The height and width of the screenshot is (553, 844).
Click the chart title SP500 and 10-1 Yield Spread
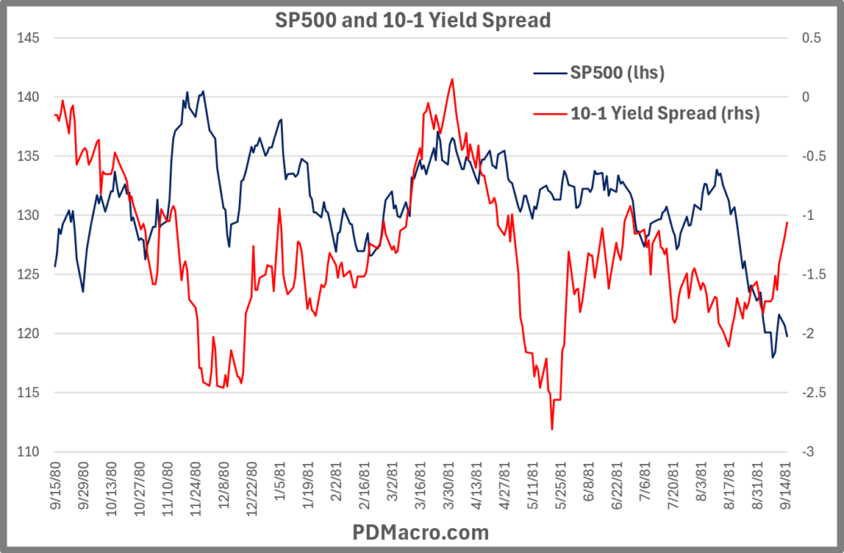pyautogui.click(x=412, y=20)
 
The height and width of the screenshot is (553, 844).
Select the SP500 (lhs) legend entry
pyautogui.click(x=617, y=74)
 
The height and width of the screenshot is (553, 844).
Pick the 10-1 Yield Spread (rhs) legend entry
pyautogui.click(x=664, y=112)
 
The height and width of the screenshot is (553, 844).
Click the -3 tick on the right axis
pyautogui.click(x=808, y=452)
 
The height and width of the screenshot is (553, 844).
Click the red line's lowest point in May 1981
pyautogui.click(x=551, y=429)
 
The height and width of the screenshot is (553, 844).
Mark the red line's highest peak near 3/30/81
pyautogui.click(x=452, y=79)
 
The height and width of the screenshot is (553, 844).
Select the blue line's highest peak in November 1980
pyautogui.click(x=203, y=91)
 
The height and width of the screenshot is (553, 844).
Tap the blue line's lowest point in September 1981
pyautogui.click(x=773, y=357)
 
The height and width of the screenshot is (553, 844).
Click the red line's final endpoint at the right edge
pyautogui.click(x=787, y=222)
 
